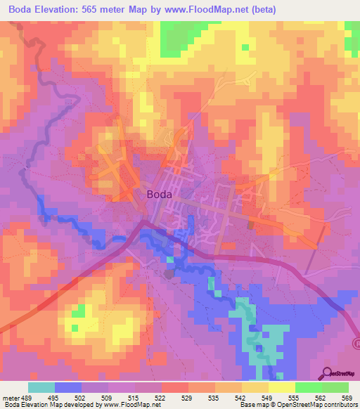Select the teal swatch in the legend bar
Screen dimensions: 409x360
41,387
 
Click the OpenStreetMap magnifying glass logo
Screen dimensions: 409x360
326,374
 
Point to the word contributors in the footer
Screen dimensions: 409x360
338,405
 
